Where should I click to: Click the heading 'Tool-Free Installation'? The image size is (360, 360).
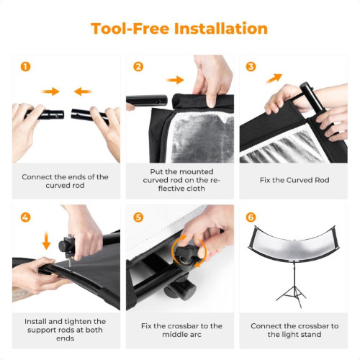coord(179,29)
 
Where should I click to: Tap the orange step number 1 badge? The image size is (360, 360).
coord(25,67)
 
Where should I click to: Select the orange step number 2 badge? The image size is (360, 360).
coord(138,67)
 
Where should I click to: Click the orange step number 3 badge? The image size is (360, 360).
coord(251,67)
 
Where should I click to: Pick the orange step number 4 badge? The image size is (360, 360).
coord(25,217)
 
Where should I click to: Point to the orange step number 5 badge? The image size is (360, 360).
coord(138,217)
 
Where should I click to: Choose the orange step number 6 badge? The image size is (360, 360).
coord(251,217)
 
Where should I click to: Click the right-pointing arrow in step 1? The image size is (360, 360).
coord(50,91)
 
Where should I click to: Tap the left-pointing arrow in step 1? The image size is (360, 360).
coord(82,91)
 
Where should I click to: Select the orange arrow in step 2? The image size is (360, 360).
coord(175,80)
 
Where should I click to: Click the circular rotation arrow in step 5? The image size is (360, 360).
coord(189,251)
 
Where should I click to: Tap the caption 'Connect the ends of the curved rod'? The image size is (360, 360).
coord(65,181)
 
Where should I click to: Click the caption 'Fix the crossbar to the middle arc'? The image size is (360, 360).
coord(179,330)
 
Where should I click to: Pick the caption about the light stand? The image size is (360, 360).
coord(294,330)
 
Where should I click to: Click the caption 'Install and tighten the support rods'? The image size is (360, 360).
coord(65,330)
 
